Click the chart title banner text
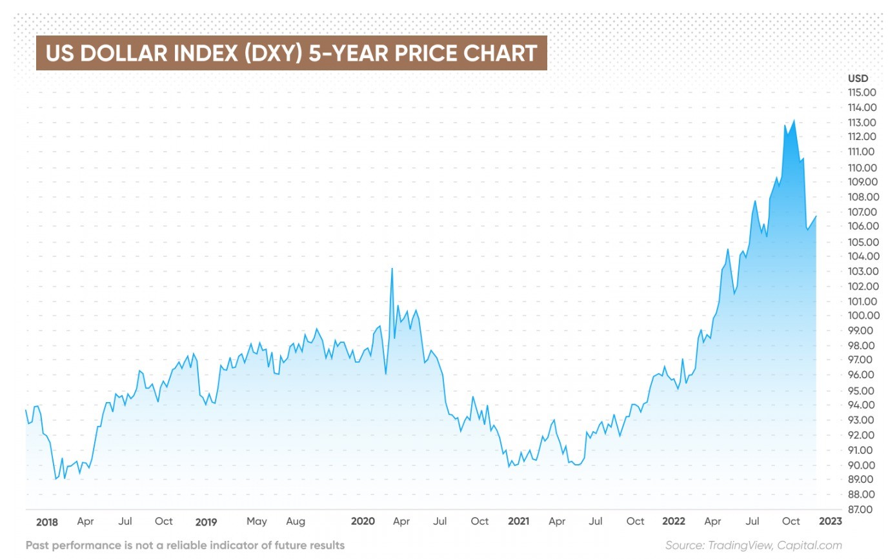coord(291,53)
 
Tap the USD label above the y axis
coord(858,78)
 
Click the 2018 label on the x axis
coord(47,522)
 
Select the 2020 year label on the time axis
coord(363,522)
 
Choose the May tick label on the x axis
coord(256,522)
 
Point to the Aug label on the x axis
coord(296,522)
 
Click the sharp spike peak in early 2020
coord(392,269)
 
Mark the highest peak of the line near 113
coord(793,120)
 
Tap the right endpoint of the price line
coord(816,216)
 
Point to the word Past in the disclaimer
coord(37,545)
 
